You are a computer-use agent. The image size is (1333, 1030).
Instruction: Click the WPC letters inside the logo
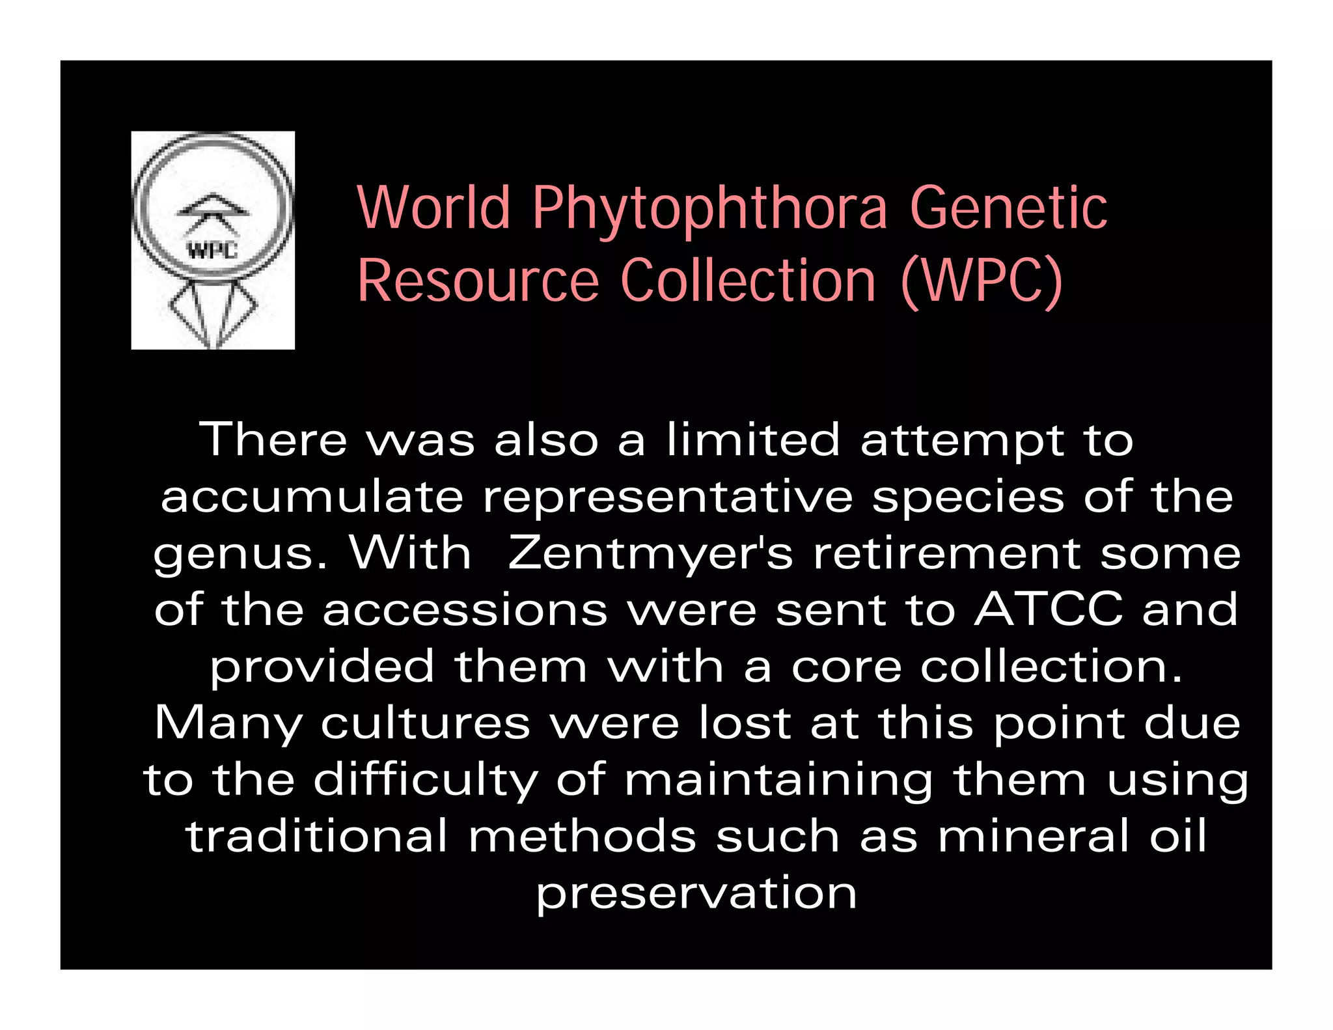(212, 250)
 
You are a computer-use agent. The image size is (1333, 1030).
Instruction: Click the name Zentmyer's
(650, 553)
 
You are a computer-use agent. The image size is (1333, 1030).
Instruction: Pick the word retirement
(947, 553)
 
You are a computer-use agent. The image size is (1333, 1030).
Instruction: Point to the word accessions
(465, 610)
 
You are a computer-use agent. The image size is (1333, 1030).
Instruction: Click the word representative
(668, 497)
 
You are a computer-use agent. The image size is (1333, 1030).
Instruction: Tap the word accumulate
(312, 497)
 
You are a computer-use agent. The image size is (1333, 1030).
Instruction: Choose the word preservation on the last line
(696, 893)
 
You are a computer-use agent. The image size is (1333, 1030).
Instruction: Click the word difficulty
(426, 780)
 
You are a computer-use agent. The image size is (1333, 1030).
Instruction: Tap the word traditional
(317, 836)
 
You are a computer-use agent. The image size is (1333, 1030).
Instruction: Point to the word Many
(228, 724)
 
